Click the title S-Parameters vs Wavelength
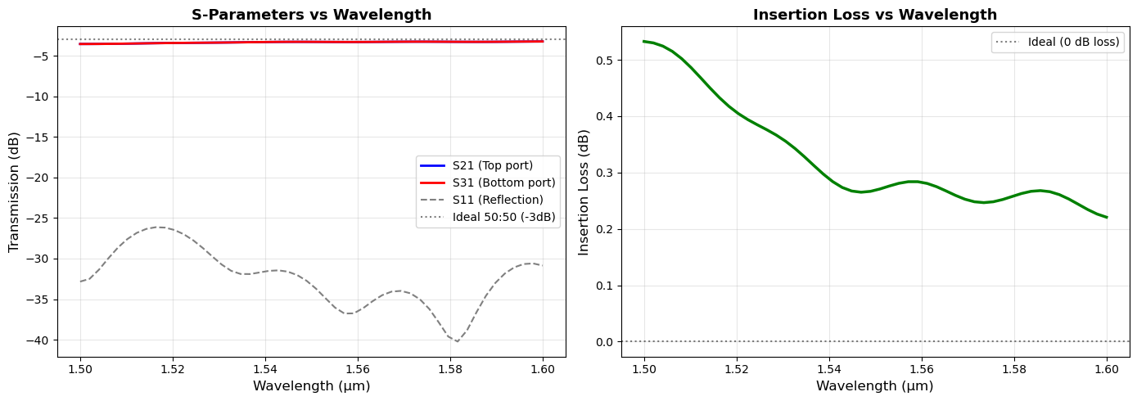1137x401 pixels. point(311,15)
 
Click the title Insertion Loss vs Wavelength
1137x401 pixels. point(875,15)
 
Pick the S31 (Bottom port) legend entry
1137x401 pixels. point(503,182)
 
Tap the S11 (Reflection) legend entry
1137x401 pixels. point(497,200)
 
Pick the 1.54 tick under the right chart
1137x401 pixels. point(829,369)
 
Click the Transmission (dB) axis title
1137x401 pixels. point(14,194)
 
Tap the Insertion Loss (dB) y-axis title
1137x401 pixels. point(584,192)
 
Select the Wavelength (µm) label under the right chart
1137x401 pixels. point(874,385)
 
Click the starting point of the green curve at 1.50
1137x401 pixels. point(644,41)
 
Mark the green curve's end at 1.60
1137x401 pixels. point(1107,218)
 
